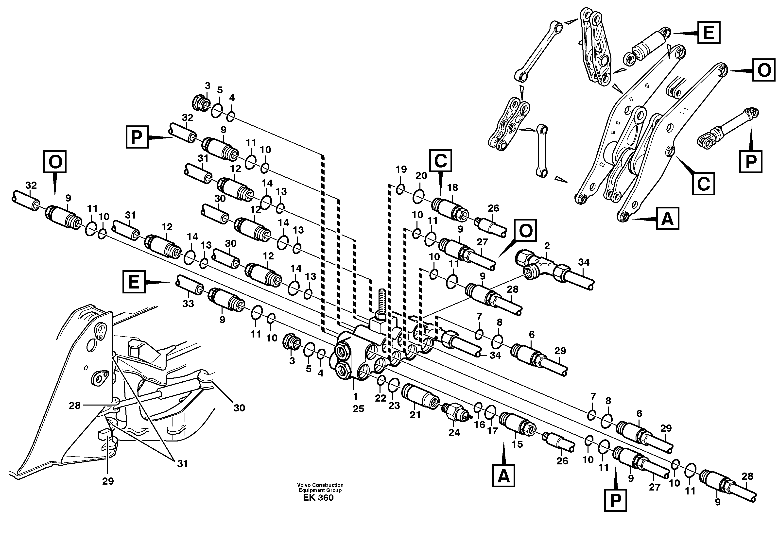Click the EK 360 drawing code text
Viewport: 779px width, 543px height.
pos(318,498)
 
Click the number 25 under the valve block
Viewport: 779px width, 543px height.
pos(358,409)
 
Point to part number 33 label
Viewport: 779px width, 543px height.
pos(188,304)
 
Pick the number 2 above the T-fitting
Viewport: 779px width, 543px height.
pos(547,246)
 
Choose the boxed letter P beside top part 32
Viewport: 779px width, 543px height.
pos(137,137)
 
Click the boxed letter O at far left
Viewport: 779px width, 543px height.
pos(55,162)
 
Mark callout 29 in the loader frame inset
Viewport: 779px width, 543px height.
pos(108,481)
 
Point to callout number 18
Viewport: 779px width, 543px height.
pos(453,187)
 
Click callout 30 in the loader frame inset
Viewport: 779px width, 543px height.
pos(239,408)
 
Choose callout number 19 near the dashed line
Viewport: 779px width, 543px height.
pos(401,169)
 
